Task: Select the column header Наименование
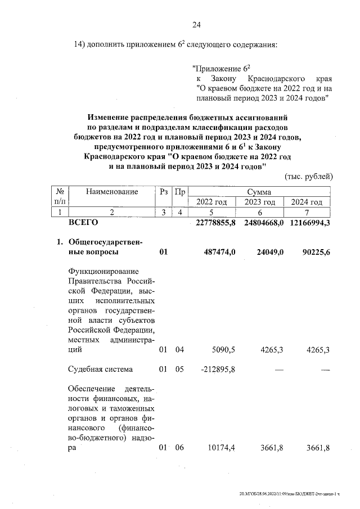click(112, 192)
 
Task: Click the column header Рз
click(163, 192)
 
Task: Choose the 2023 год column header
click(260, 202)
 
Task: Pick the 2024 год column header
click(307, 202)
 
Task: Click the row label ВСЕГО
click(83, 223)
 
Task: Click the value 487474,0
click(219, 252)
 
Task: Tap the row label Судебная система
click(100, 370)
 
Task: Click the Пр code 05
click(179, 370)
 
